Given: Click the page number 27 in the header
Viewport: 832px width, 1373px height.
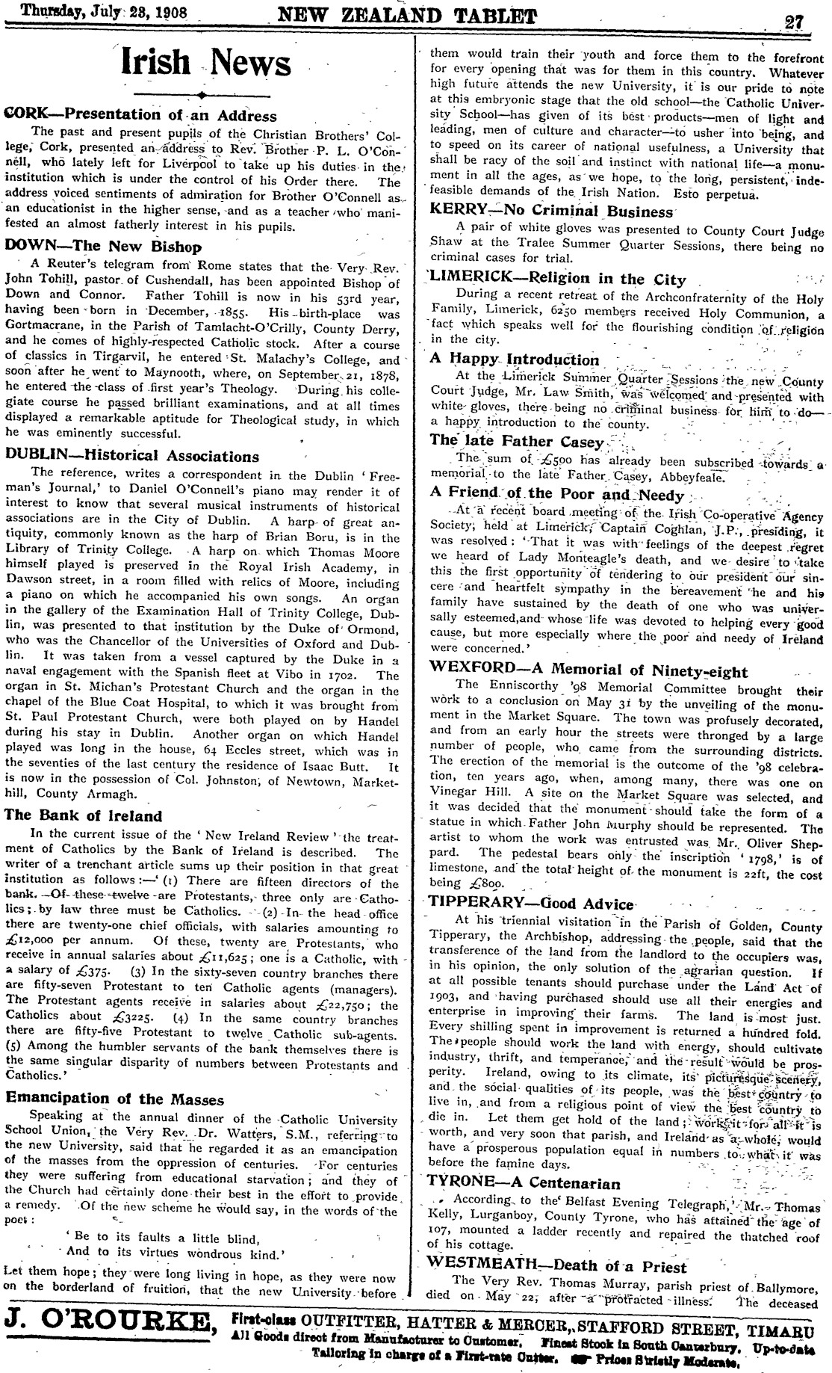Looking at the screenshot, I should pos(792,20).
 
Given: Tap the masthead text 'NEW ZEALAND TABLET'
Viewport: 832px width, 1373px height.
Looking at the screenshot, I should pos(407,16).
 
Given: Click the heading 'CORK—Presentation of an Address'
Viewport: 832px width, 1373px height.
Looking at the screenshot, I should pos(141,116).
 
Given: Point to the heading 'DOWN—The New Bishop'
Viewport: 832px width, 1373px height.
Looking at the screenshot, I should pos(103,247).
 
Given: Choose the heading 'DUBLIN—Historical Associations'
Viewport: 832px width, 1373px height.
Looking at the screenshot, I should pos(132,456).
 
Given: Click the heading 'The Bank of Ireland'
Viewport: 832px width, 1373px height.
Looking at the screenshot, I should pos(84,815).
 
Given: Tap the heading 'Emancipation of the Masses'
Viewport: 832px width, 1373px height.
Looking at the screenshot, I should pos(114,1099).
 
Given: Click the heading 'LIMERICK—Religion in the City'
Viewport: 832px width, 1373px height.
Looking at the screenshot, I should pos(557,280).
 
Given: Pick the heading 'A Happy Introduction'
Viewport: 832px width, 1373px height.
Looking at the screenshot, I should pos(515,360).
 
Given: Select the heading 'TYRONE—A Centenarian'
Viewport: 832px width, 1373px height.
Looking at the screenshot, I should pos(524,1183).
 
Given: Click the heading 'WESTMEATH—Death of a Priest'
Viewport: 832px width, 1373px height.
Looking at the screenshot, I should pos(556,1267).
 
